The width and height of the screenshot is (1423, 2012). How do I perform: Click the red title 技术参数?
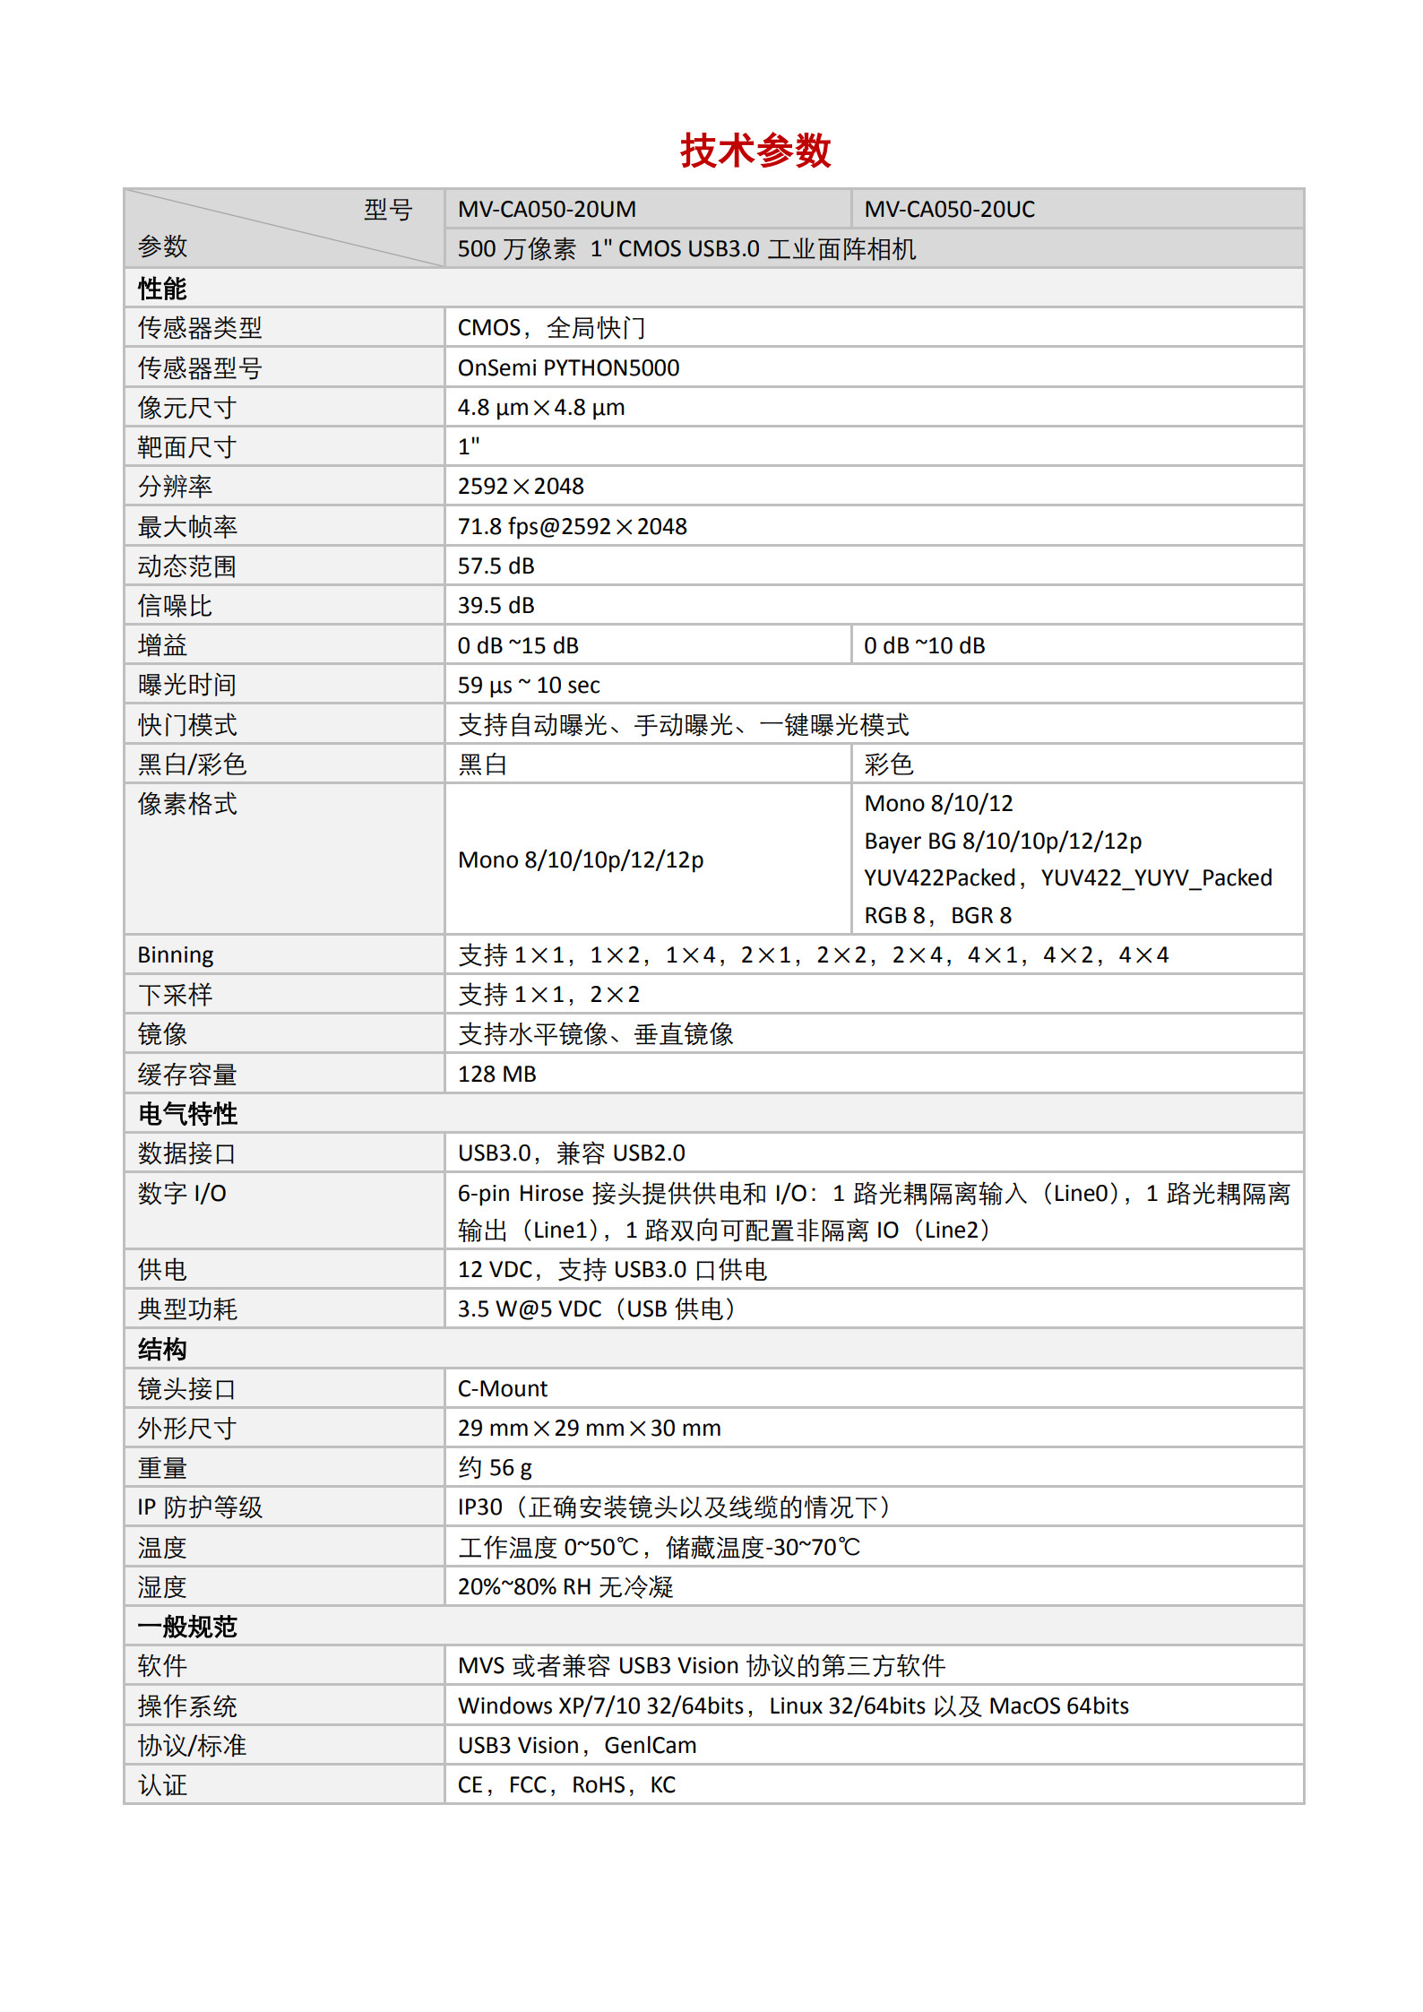[x=755, y=151]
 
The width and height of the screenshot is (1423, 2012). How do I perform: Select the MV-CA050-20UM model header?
[x=547, y=210]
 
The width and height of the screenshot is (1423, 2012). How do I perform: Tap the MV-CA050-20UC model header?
[x=949, y=210]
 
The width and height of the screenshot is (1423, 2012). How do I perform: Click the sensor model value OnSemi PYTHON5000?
[x=568, y=368]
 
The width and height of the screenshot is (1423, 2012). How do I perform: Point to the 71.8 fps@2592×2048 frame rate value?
[x=572, y=527]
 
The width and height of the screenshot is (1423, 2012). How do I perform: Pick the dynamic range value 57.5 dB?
[x=496, y=566]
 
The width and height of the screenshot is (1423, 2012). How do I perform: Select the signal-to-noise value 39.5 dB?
[x=496, y=606]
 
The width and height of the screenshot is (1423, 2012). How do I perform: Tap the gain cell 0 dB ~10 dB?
[x=924, y=646]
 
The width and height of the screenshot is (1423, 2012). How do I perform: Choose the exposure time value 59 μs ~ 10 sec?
[x=529, y=686]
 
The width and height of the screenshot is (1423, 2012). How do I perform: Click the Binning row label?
[x=176, y=955]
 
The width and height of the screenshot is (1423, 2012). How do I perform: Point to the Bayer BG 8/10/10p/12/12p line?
[x=1003, y=842]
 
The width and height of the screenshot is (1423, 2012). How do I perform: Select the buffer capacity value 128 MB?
[x=496, y=1075]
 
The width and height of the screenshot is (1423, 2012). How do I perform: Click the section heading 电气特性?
[x=187, y=1114]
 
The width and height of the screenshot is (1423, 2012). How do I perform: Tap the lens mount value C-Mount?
[x=502, y=1389]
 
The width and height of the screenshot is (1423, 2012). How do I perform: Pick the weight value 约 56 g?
[x=495, y=1468]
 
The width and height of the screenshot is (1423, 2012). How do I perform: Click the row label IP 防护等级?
[x=200, y=1508]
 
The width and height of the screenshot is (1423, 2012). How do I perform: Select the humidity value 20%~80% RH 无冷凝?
[x=565, y=1587]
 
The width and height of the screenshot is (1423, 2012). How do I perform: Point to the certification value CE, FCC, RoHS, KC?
[x=566, y=1785]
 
